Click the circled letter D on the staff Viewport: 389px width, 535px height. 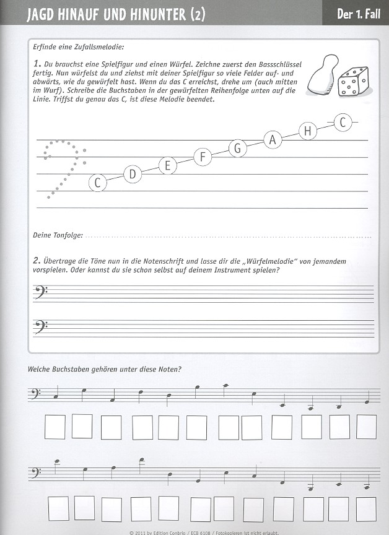132,175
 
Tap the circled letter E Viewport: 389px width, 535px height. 167,165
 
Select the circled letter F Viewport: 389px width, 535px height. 202,157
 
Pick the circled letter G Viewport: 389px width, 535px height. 237,148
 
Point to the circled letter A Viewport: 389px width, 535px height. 273,140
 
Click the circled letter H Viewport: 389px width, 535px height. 308,131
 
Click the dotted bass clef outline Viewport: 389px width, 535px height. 63,166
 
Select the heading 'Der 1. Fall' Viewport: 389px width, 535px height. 358,13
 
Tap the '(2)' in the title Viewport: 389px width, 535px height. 195,14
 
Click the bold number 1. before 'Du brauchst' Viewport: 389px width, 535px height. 37,63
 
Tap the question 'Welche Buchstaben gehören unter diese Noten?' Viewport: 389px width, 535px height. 104,370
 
